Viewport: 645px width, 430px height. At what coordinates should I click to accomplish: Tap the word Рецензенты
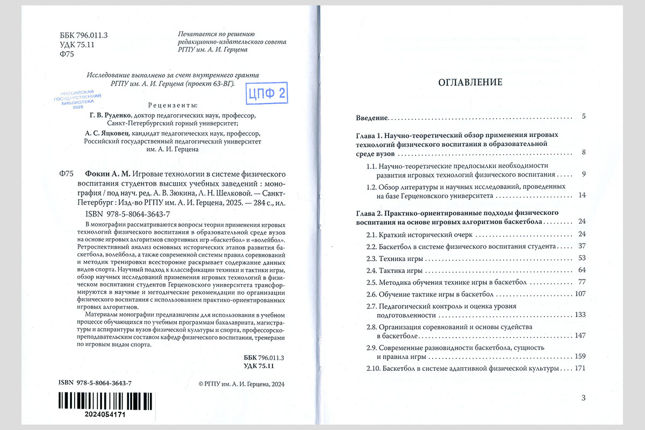point(171,104)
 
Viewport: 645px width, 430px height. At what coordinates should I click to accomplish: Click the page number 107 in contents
point(579,294)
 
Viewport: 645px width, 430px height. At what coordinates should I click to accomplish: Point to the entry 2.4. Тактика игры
point(394,270)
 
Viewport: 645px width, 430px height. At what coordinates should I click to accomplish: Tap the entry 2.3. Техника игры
point(396,258)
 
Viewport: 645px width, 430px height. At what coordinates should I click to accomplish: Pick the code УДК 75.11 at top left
point(77,45)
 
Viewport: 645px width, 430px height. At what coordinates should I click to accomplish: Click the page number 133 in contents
point(579,314)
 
